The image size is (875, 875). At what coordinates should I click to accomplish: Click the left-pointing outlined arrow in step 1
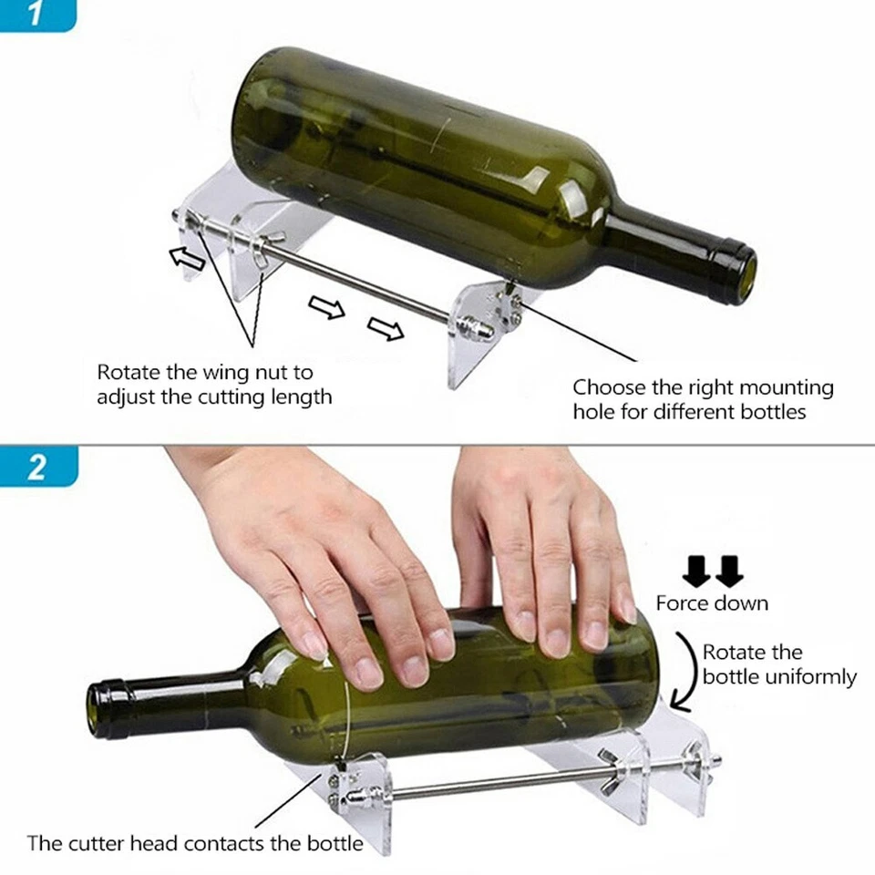(x=188, y=259)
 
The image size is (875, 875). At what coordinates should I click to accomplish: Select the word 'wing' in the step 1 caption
(x=239, y=373)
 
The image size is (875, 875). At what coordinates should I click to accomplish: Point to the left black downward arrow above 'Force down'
(x=697, y=572)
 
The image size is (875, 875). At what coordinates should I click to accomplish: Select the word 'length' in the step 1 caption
(x=304, y=396)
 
